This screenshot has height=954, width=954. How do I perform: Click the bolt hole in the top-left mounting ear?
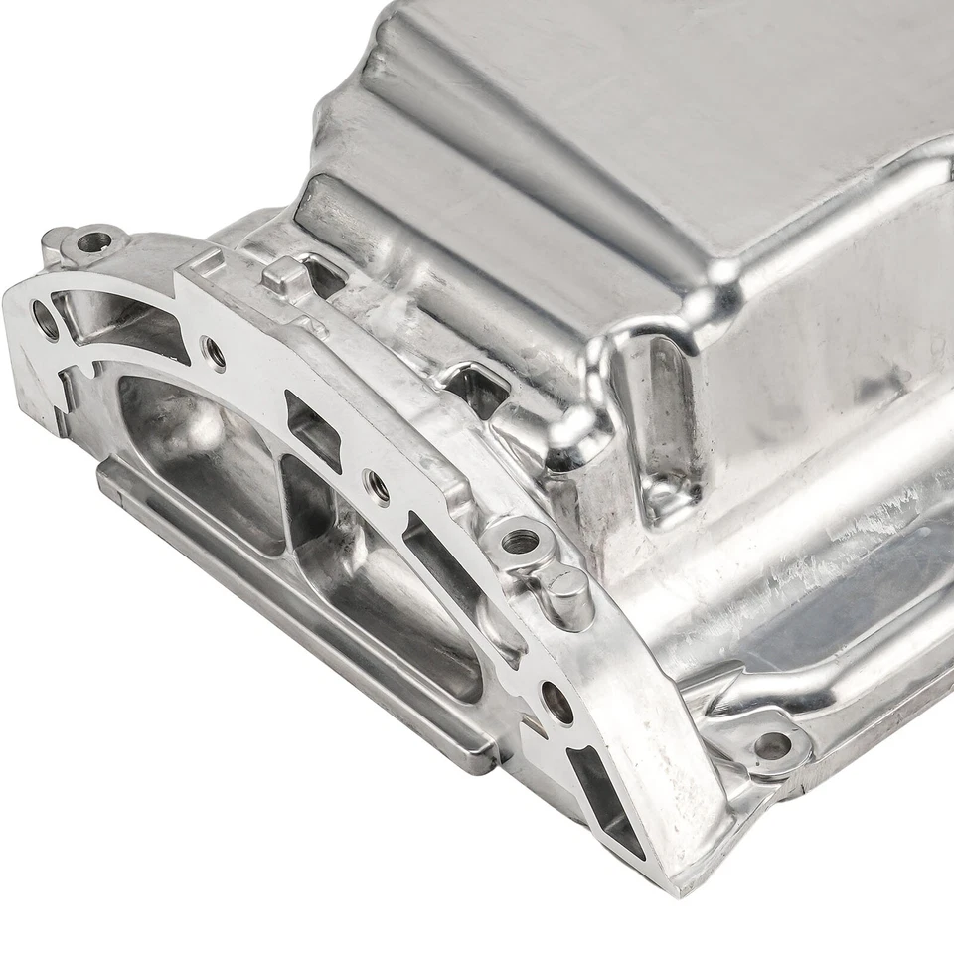tap(95, 240)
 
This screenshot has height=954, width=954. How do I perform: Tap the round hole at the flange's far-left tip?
tap(46, 319)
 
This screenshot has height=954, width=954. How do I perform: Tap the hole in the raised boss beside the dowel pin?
tap(519, 542)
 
